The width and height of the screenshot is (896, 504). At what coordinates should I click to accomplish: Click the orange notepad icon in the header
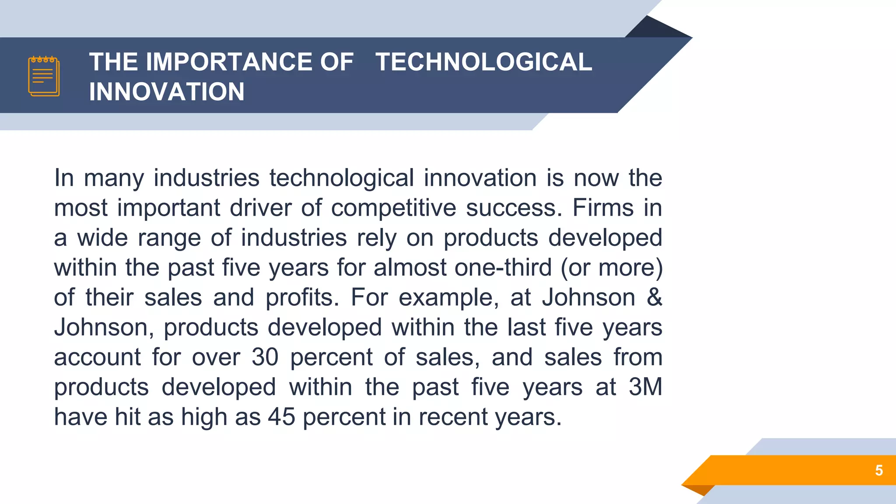[44, 76]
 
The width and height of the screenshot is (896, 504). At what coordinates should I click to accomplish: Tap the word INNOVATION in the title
[167, 92]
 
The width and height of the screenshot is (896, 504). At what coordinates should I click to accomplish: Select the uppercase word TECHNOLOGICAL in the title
[483, 62]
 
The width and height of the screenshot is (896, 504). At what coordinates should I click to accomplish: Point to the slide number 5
[878, 470]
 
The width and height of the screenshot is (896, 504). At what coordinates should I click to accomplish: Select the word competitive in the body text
[393, 208]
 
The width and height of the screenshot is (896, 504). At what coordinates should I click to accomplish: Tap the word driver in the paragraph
[261, 207]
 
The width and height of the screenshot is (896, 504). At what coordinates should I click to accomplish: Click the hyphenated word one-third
[503, 267]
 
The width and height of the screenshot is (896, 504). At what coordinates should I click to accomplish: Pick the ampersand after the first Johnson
[654, 297]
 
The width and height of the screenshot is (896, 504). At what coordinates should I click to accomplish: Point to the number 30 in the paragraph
[265, 357]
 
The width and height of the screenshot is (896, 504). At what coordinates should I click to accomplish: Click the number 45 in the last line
[282, 416]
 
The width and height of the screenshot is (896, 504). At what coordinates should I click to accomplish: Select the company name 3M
[645, 387]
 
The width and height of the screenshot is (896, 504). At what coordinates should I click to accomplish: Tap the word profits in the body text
[302, 298]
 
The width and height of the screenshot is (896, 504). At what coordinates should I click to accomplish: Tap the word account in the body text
[97, 357]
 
